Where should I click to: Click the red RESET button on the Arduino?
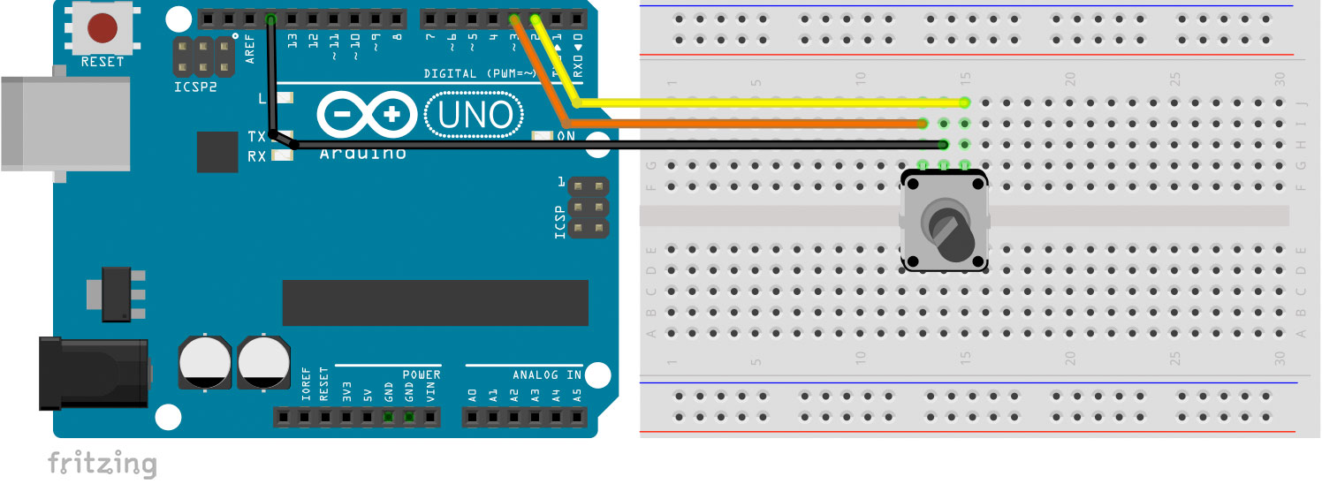tap(103, 28)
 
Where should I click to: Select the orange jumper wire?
tap(751, 124)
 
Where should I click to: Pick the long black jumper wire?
tap(619, 145)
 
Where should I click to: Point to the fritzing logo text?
tap(102, 464)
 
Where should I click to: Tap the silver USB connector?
tap(62, 124)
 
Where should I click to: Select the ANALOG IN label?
tap(547, 375)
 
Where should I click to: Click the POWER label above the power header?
tap(421, 375)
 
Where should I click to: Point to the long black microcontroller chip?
tap(435, 303)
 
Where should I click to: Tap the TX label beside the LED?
tap(256, 137)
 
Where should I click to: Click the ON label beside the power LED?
tap(566, 136)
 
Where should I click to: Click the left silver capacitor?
tap(205, 359)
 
